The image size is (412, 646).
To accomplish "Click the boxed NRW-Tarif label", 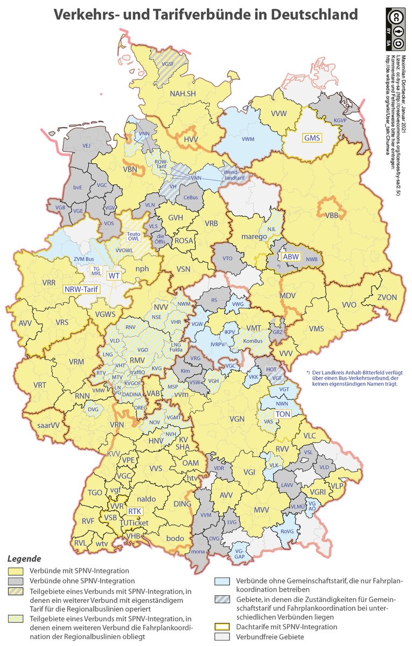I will click(81, 289).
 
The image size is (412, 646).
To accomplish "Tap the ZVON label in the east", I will click(386, 297).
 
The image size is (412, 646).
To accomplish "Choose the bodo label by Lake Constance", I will click(175, 538).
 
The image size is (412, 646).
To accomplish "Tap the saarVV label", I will click(48, 425).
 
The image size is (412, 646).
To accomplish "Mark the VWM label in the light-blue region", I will click(248, 139).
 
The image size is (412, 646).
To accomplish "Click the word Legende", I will click(24, 558).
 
